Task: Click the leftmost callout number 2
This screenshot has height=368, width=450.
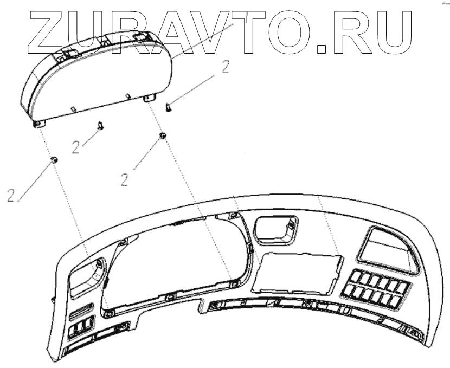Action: point(11,195)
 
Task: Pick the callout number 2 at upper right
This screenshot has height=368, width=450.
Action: point(225,67)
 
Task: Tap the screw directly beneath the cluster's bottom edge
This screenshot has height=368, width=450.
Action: point(101,126)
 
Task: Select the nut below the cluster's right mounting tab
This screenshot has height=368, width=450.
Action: point(162,135)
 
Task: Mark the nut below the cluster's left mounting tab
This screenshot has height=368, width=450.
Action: point(54,160)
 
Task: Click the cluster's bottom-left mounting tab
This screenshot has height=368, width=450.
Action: point(39,124)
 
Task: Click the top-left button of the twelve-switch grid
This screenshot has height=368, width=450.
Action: point(354,276)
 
